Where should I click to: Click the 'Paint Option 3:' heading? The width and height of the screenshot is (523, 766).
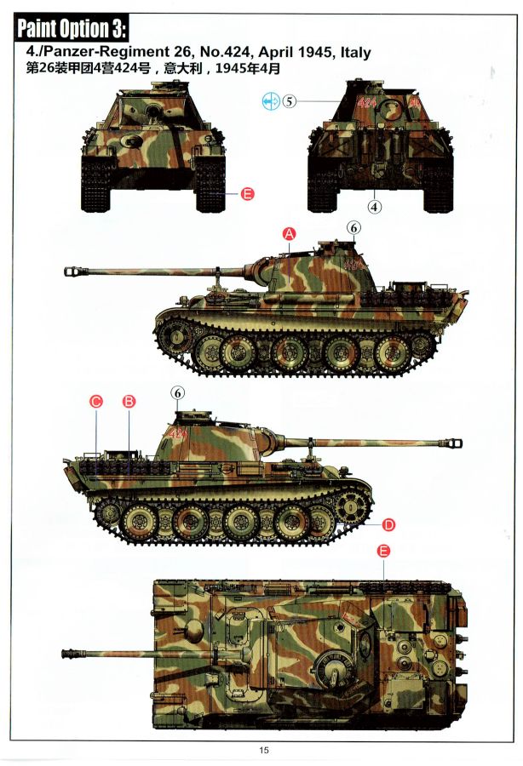tap(72, 29)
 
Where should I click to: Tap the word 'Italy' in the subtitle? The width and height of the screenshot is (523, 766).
tap(355, 52)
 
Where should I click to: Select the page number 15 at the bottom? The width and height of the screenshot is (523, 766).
tap(264, 750)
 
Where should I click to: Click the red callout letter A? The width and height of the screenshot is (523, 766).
tap(290, 234)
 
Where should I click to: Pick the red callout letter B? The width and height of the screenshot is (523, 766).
tap(129, 402)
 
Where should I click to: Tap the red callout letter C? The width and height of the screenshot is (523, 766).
tap(95, 402)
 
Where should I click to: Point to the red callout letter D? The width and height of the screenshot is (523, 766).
tap(388, 525)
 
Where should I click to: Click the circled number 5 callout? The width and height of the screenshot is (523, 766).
tap(290, 101)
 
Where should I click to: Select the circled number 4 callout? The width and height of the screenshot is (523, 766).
tap(375, 207)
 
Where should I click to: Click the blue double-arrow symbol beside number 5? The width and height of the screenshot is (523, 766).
tap(270, 101)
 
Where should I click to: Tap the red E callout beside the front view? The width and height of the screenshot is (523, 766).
tap(248, 194)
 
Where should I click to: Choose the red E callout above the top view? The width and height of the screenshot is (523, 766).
tap(383, 551)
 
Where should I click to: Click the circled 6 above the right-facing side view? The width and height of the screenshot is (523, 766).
tap(177, 392)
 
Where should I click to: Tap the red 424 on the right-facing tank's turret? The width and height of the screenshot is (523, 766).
tap(177, 433)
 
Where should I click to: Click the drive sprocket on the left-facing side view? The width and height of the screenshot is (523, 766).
tap(173, 336)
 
